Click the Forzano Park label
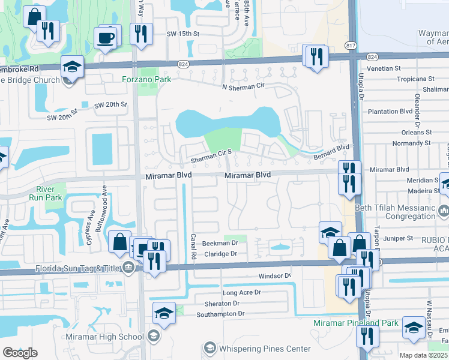coord(146,79)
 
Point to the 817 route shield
coord(351,46)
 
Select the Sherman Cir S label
coord(211,154)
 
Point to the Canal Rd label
coord(193,246)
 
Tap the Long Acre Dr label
coord(242,293)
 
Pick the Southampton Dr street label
coord(221,313)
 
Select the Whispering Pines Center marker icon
coord(209,347)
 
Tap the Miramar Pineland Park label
coord(355,323)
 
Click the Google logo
coord(20,353)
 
